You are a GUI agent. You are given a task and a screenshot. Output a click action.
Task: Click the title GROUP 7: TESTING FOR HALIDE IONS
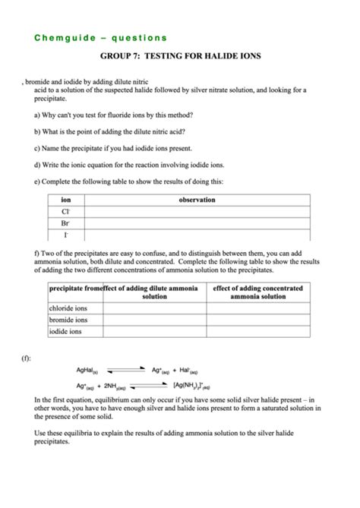pyautogui.click(x=181, y=56)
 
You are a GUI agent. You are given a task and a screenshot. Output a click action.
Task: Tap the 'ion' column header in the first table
pyautogui.click(x=66, y=200)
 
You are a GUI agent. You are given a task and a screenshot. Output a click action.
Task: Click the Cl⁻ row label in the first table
pyautogui.click(x=66, y=212)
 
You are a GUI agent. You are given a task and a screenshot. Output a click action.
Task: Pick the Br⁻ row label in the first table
pyautogui.click(x=66, y=223)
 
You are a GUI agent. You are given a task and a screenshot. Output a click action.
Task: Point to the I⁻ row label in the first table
pyautogui.click(x=66, y=235)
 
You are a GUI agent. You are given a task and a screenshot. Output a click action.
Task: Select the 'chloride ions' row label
pyautogui.click(x=68, y=308)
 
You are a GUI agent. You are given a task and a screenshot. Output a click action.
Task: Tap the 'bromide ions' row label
pyautogui.click(x=68, y=320)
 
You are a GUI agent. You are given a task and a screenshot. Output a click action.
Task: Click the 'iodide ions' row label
pyautogui.click(x=67, y=332)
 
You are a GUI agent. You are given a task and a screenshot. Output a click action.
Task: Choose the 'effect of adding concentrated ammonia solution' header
pyautogui.click(x=258, y=292)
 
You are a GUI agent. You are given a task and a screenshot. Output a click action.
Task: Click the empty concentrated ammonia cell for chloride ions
pyautogui.click(x=258, y=308)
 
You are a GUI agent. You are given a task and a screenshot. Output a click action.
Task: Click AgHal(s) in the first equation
pyautogui.click(x=87, y=371)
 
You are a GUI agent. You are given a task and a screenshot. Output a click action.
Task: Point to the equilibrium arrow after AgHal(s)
pyautogui.click(x=125, y=371)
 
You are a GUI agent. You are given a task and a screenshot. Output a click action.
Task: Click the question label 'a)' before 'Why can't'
pyautogui.click(x=38, y=115)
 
